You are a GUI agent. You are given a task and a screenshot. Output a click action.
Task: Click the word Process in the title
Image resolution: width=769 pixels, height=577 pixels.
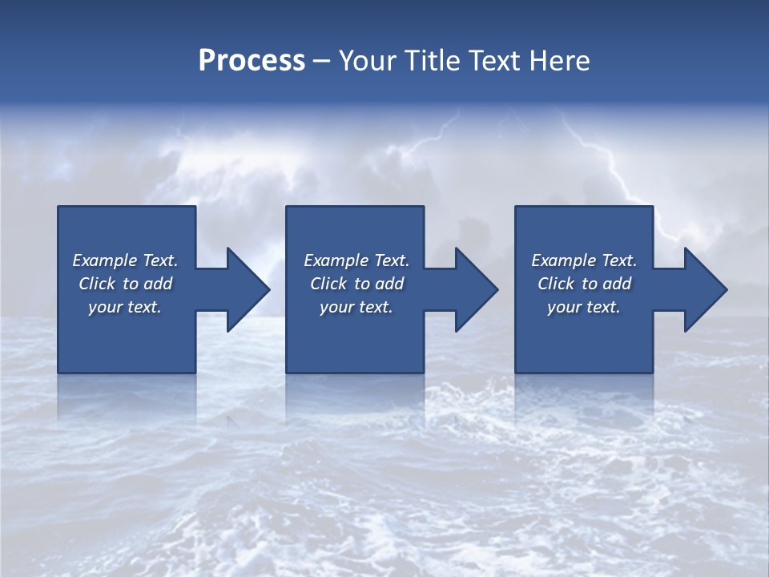pos(252,61)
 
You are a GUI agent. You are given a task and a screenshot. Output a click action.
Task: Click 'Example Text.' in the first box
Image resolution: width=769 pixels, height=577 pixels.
pos(125,260)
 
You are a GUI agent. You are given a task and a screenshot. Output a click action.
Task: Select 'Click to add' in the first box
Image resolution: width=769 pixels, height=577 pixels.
pos(125,284)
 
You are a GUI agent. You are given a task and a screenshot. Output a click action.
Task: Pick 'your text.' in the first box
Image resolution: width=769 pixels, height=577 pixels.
pos(125,307)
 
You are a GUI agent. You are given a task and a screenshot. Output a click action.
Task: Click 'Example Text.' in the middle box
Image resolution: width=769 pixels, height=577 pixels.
pos(356,260)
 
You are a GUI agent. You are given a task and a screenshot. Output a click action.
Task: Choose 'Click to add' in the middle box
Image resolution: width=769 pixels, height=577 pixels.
pos(356,284)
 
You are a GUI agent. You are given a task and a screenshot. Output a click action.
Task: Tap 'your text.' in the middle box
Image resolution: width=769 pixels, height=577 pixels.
pos(356,307)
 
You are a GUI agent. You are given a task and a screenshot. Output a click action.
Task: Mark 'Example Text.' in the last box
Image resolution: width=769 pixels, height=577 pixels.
pos(584,260)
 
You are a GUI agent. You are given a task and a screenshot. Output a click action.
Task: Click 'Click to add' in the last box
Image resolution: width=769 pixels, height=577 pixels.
pos(584,284)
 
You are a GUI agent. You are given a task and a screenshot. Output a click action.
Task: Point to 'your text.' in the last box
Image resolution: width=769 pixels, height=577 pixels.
pos(584,307)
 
